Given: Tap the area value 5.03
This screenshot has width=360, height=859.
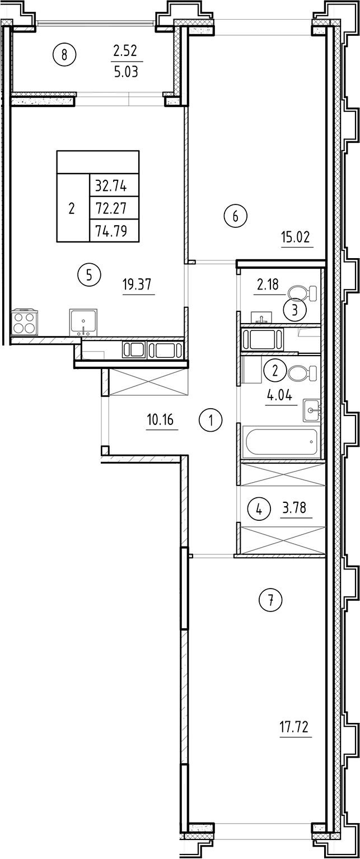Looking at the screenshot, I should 126,72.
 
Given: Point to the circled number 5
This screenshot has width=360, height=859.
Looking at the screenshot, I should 89,274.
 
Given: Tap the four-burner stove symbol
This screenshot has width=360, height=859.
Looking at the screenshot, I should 24,323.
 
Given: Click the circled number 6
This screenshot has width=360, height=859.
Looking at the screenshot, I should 235,216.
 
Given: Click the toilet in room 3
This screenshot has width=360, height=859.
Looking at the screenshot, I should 302,293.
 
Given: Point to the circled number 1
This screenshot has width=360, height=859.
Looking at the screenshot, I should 211,419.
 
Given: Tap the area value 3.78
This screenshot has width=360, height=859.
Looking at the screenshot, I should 296,509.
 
